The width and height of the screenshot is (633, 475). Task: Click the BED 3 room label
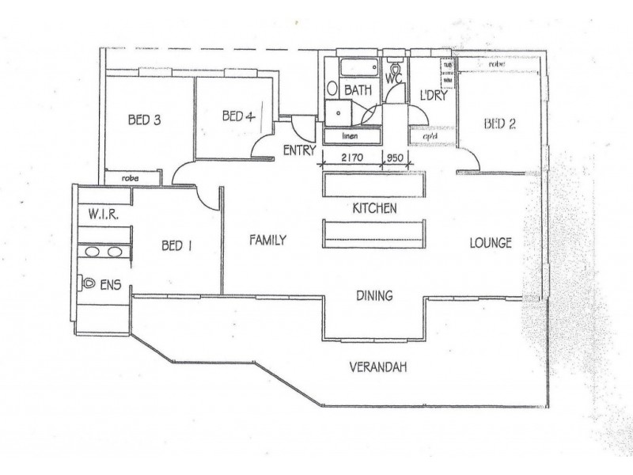(x=145, y=121)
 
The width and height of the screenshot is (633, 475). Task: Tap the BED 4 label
(x=237, y=116)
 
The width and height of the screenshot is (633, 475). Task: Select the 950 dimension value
(x=394, y=158)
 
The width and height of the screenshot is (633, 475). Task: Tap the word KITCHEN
(x=374, y=208)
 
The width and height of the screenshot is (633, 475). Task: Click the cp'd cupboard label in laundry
(x=430, y=135)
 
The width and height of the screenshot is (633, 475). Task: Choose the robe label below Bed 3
(x=131, y=179)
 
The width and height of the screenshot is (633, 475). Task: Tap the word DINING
(x=374, y=296)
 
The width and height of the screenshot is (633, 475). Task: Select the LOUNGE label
(x=491, y=242)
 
